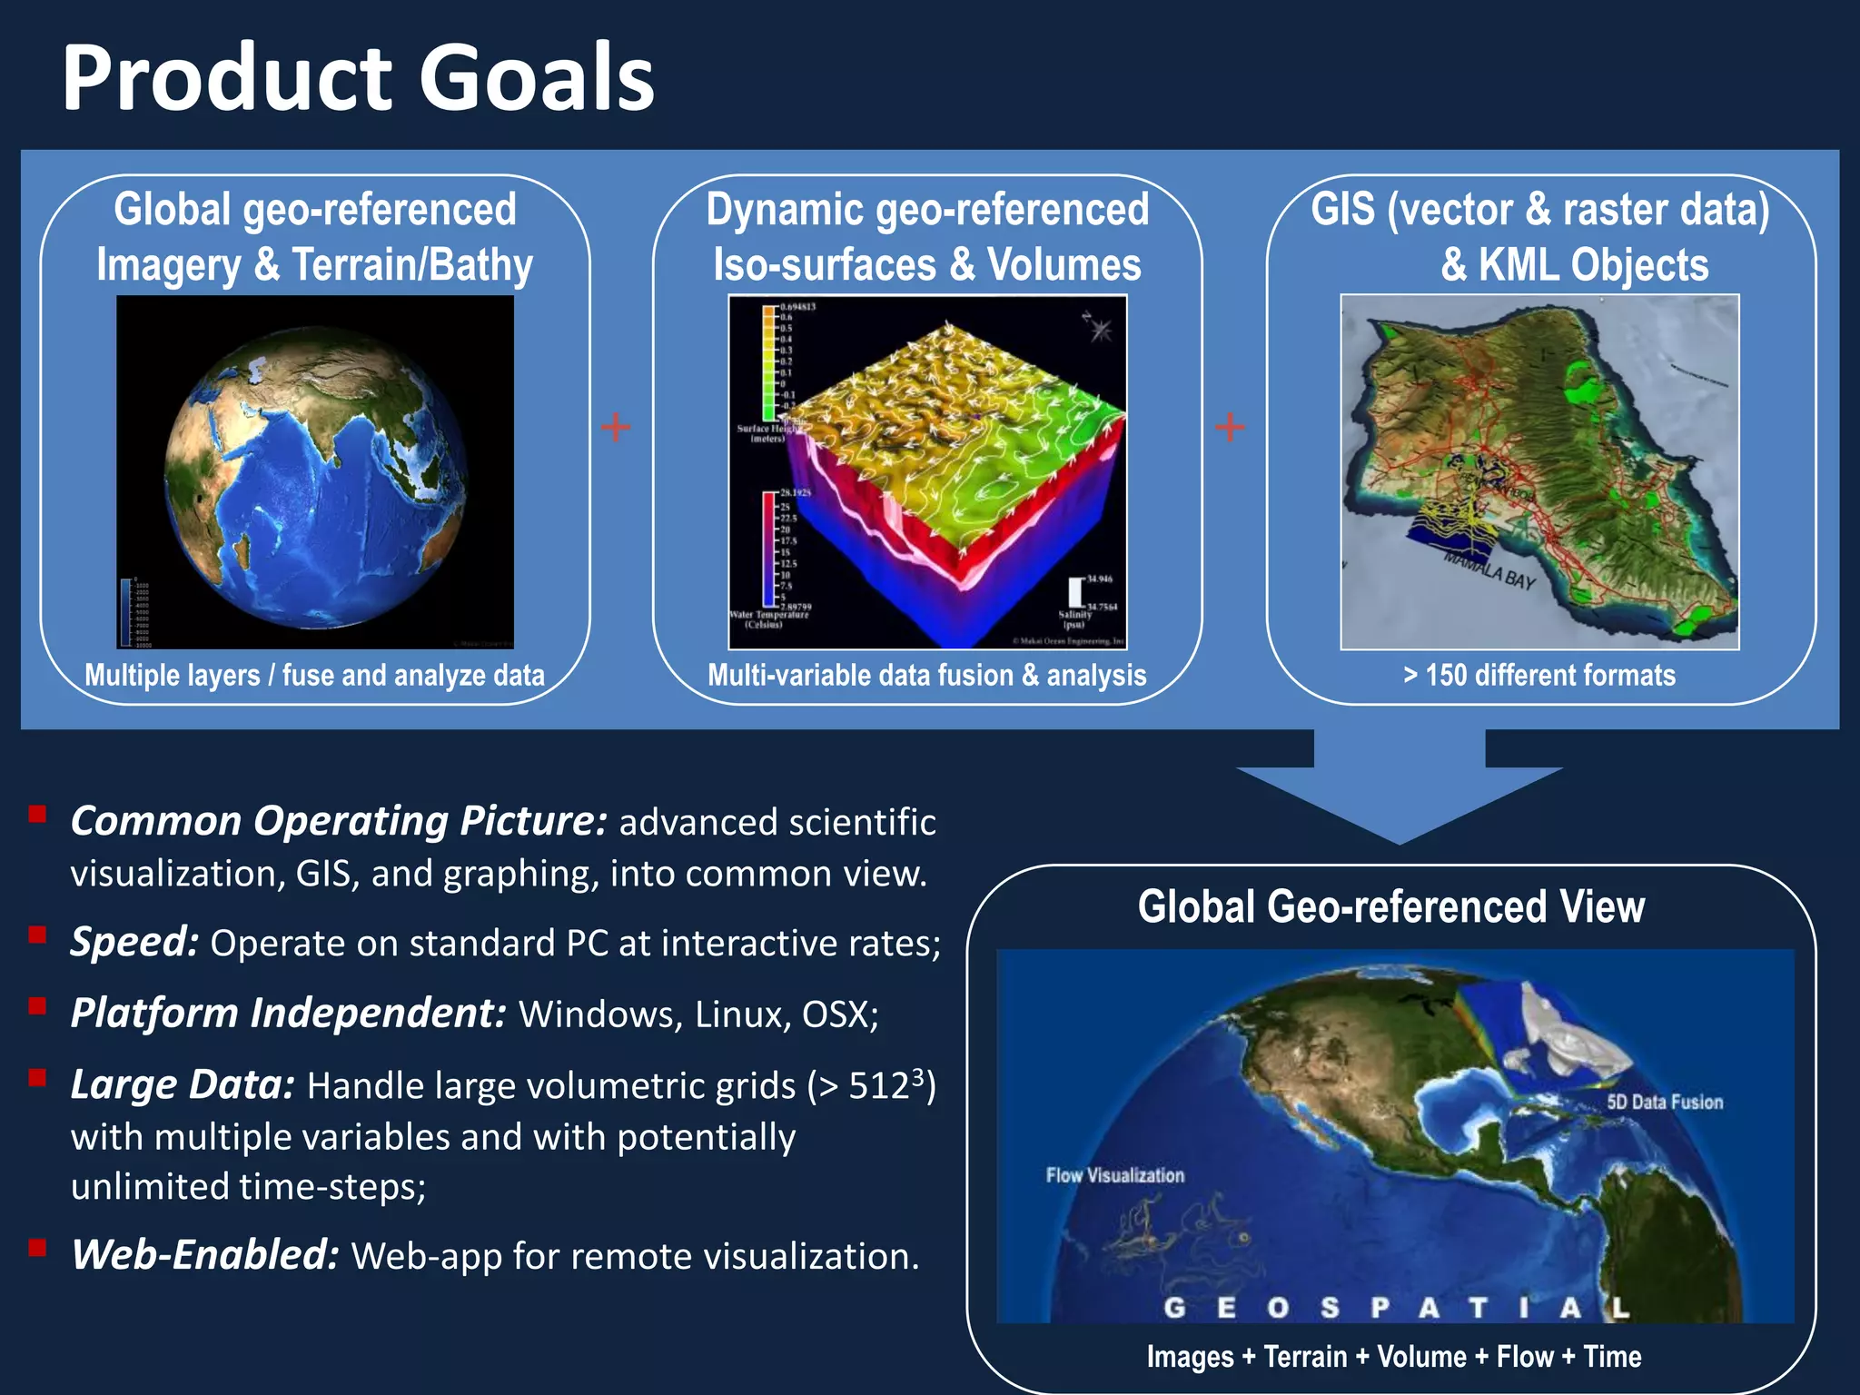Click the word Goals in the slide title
pyautogui.click(x=536, y=80)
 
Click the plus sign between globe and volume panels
pyautogui.click(x=616, y=427)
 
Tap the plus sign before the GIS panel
pyautogui.click(x=1230, y=427)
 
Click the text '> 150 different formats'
pyautogui.click(x=1539, y=676)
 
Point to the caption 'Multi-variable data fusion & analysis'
pyautogui.click(x=926, y=676)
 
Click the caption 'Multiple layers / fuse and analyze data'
pyautogui.click(x=314, y=676)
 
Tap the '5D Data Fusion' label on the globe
pyautogui.click(x=1665, y=1102)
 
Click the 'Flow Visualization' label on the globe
pyautogui.click(x=1114, y=1175)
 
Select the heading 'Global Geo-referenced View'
pyautogui.click(x=1390, y=907)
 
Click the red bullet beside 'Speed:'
pyautogui.click(x=37, y=935)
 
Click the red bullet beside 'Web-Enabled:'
pyautogui.click(x=37, y=1247)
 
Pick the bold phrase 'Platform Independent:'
pyautogui.click(x=288, y=1014)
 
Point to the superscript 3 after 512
pyautogui.click(x=917, y=1075)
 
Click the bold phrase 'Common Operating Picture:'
pyautogui.click(x=338, y=821)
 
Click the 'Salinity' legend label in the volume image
pyautogui.click(x=1074, y=615)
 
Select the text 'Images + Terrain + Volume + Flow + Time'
pyautogui.click(x=1393, y=1357)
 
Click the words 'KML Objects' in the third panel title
pyautogui.click(x=1593, y=266)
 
